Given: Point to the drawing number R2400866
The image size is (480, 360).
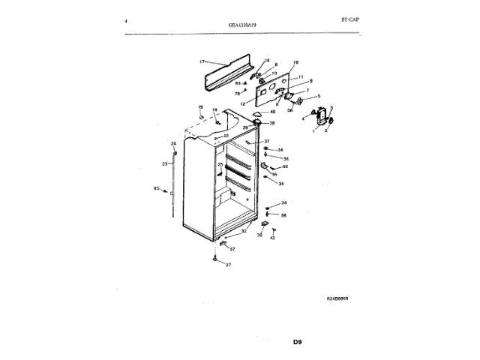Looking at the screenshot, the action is point(337,298).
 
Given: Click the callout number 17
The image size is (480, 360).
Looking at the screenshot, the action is point(202,61).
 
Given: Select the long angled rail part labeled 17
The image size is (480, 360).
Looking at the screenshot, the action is point(229,73).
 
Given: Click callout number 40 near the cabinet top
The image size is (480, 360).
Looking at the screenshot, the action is point(272,112).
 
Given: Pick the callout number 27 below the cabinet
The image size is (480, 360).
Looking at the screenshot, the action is point(229,265).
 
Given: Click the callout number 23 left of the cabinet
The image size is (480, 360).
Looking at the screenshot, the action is point(164,163).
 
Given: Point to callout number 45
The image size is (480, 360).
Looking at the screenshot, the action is point(156,188).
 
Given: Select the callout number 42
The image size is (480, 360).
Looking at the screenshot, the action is point(273,238).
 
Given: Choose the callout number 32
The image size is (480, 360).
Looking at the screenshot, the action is point(243,232).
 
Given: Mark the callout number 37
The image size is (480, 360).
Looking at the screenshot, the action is point(266,141).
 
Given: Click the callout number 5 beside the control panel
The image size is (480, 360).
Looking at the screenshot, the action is point(317,97).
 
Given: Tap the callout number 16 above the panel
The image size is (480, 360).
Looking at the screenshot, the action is point(295,62).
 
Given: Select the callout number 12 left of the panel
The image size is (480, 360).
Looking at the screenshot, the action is point(243,103).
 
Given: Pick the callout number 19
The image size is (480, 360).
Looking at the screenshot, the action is point(200,108).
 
